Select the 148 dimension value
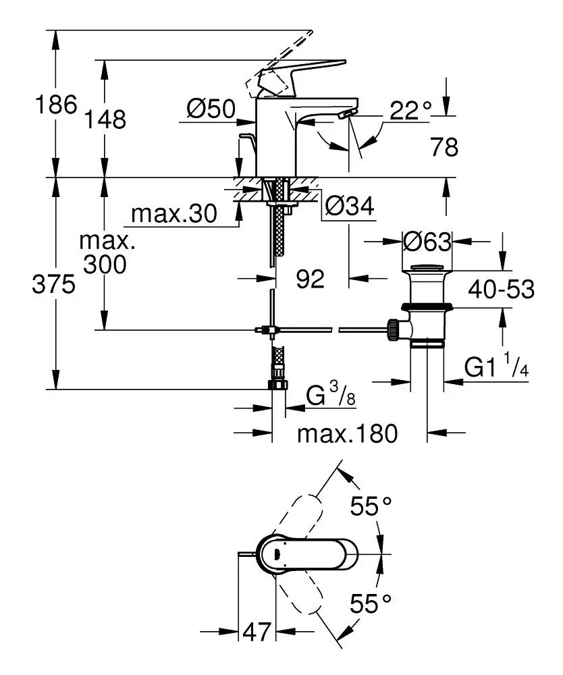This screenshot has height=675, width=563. click(x=105, y=119)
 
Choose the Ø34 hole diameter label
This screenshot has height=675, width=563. click(x=349, y=207)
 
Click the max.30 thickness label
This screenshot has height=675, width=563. click(x=174, y=214)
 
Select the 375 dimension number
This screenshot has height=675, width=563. click(x=53, y=286)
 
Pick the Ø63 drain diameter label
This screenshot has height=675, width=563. click(x=427, y=241)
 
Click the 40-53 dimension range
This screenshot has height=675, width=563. click(x=502, y=290)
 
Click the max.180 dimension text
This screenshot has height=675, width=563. click(x=348, y=433)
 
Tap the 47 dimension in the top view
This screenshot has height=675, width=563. click(x=256, y=632)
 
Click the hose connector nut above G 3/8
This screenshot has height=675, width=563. click(x=277, y=385)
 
